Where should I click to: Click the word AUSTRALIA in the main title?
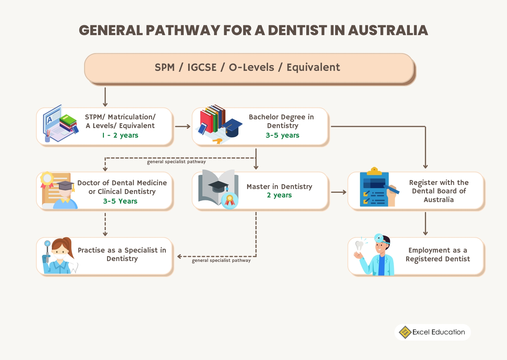tap(388, 30)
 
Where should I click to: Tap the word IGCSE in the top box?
tap(202, 67)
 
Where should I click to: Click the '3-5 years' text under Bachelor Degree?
tap(282, 135)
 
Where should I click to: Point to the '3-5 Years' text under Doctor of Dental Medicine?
tap(120, 201)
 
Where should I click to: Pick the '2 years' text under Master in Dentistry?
tap(279, 195)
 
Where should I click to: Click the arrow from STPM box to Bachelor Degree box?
tap(182, 127)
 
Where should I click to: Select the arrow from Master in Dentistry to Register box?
tap(338, 192)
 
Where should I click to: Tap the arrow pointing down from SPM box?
tap(105, 97)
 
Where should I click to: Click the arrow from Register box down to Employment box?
tap(425, 224)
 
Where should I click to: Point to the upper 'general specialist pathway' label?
tap(176, 162)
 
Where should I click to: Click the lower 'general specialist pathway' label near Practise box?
tap(221, 260)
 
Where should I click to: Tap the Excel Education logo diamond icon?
tap(405, 332)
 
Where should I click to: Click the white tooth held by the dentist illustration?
tap(359, 245)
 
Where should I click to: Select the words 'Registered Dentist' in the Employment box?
tap(437, 259)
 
